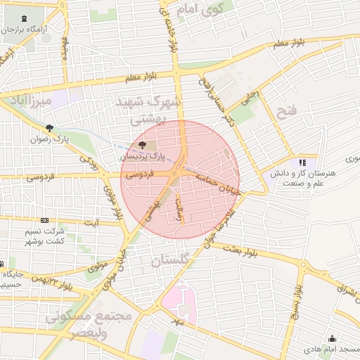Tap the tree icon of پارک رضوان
click(49, 128)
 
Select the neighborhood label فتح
click(288, 109)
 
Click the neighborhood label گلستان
click(170, 260)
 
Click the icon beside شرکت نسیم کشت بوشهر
click(45, 220)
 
